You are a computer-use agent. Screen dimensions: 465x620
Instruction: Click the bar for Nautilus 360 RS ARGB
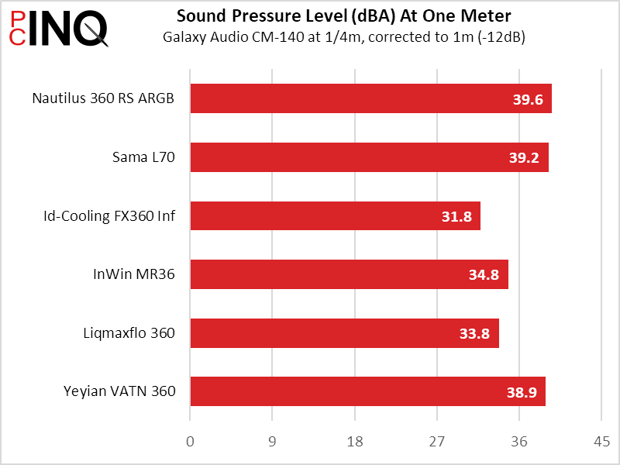pyautogui.click(x=370, y=98)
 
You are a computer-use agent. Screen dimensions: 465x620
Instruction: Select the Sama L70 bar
pyautogui.click(x=369, y=157)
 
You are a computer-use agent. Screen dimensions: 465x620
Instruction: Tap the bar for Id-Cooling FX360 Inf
pyautogui.click(x=335, y=216)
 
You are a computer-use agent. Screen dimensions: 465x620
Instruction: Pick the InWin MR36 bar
pyautogui.click(x=349, y=274)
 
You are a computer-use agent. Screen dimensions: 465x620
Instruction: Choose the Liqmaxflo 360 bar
pyautogui.click(x=344, y=333)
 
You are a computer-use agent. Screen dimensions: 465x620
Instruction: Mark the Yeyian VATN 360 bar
pyautogui.click(x=367, y=391)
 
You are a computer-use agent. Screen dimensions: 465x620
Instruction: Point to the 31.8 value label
pyautogui.click(x=456, y=216)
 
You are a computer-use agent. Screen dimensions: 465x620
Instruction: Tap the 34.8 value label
pyautogui.click(x=484, y=275)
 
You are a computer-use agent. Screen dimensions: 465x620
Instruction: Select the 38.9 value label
pyautogui.click(x=522, y=392)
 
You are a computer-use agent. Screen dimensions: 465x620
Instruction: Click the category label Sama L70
pyautogui.click(x=143, y=157)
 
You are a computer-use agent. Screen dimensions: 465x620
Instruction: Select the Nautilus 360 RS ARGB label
pyautogui.click(x=103, y=98)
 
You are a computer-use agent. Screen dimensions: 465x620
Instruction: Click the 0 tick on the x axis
pyautogui.click(x=191, y=442)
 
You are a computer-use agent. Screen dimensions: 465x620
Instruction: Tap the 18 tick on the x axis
pyautogui.click(x=354, y=442)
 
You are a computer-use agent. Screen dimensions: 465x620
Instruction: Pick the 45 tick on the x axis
pyautogui.click(x=601, y=442)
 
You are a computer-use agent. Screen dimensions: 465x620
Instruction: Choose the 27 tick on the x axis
pyautogui.click(x=436, y=442)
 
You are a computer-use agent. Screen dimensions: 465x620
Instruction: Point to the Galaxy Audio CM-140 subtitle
pyautogui.click(x=344, y=37)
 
